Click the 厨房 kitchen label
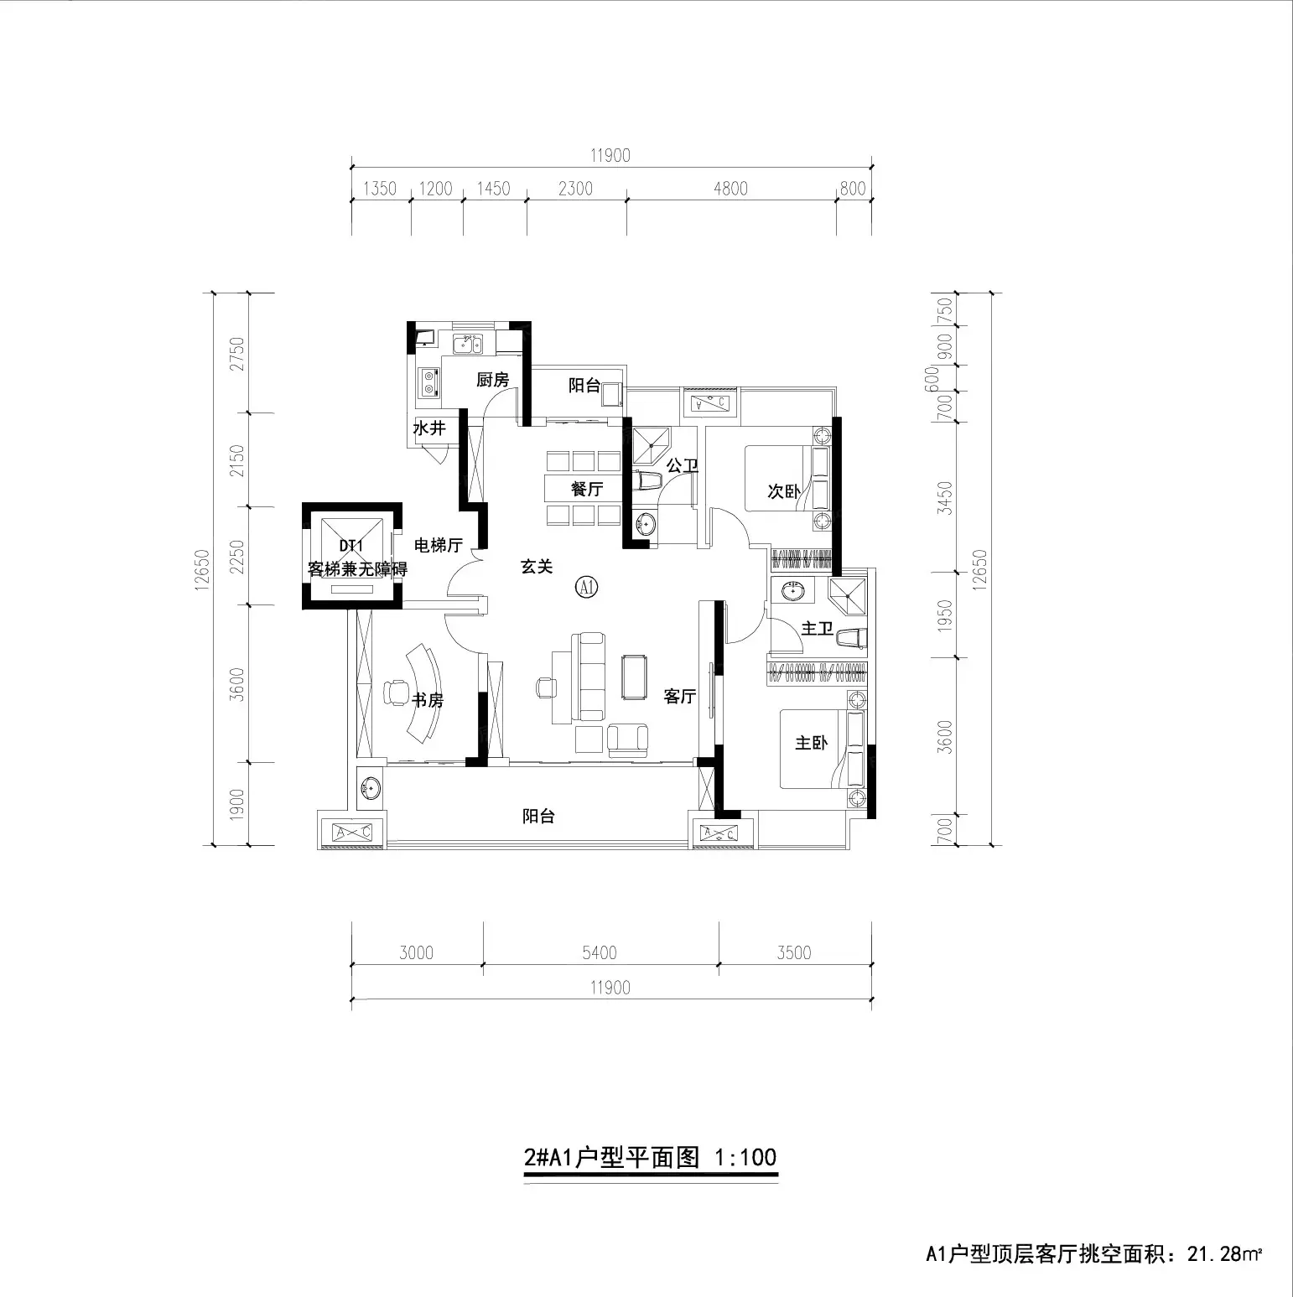pyautogui.click(x=493, y=380)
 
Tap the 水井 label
pyautogui.click(x=429, y=428)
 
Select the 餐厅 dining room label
pyautogui.click(x=587, y=489)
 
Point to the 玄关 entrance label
pyautogui.click(x=537, y=567)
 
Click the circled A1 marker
pyautogui.click(x=586, y=587)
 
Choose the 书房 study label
pyautogui.click(x=427, y=699)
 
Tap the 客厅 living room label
pyautogui.click(x=680, y=696)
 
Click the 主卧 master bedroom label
pyautogui.click(x=811, y=743)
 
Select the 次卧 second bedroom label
pyautogui.click(x=784, y=491)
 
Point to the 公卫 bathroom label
pyautogui.click(x=683, y=464)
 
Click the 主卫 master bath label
pyautogui.click(x=818, y=628)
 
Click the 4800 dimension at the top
pyautogui.click(x=730, y=189)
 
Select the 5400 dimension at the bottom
pyautogui.click(x=600, y=952)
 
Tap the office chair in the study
pyautogui.click(x=392, y=693)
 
